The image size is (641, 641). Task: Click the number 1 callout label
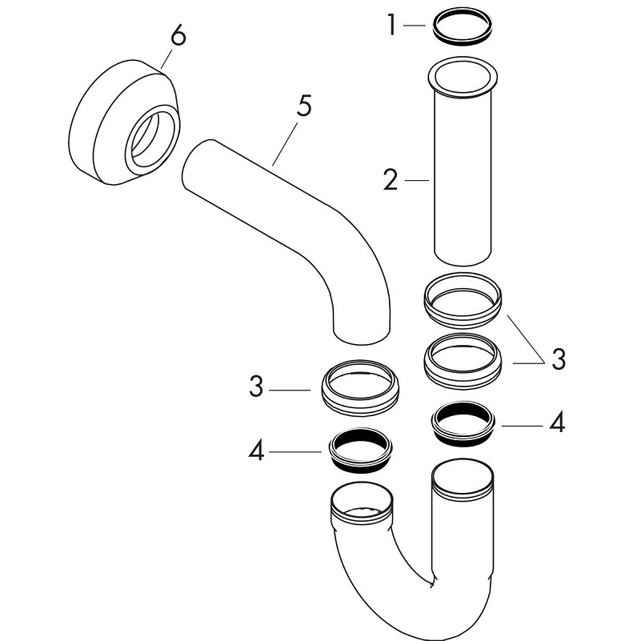coord(391,26)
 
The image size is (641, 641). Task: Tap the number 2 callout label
coord(391,180)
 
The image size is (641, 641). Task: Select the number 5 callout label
coord(303,108)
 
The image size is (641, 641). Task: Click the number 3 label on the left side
coord(255,388)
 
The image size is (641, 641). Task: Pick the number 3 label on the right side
coord(558,359)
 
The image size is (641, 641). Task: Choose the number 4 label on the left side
coord(255,451)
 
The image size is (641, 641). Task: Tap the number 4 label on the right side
coord(557,423)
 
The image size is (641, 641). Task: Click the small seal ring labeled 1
coord(463,26)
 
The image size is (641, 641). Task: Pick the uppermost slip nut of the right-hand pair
coord(463,300)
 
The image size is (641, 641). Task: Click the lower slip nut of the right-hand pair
coord(463,360)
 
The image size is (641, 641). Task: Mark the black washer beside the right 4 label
coord(462,424)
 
